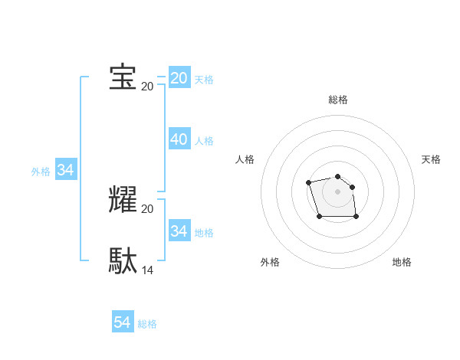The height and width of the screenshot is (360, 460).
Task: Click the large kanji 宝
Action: point(123,78)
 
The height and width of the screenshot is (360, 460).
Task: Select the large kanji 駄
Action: point(123,260)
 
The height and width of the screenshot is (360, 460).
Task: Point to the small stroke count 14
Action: point(148,270)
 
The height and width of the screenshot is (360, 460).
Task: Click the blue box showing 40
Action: point(179,139)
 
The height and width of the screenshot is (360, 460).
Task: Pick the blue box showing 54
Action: point(123,322)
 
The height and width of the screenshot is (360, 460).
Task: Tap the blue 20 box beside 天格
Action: point(179,78)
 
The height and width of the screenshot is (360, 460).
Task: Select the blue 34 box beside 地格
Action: point(179,231)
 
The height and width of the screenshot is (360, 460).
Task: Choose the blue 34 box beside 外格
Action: point(66,170)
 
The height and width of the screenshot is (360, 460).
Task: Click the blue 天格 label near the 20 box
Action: point(204,80)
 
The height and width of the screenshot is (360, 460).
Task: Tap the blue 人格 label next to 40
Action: point(204,141)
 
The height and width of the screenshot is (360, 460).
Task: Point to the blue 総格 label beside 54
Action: point(147,324)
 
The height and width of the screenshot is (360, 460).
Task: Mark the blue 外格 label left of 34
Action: point(41,172)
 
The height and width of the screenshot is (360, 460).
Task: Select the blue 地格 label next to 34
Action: point(204,232)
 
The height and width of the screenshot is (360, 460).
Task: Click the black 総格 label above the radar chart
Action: point(338,100)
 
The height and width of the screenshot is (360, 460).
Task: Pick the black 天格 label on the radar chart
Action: point(431,159)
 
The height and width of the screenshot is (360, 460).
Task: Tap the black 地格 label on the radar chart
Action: point(402,262)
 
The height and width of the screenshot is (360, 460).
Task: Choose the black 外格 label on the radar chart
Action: point(270,262)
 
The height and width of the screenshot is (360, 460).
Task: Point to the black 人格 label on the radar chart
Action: point(245,159)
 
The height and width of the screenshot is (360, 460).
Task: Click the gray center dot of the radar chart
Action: point(338,191)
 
